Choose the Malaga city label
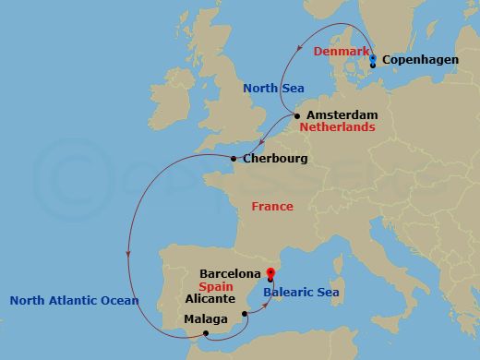[x=205, y=319]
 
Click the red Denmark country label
[x=341, y=51]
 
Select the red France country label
[x=272, y=207]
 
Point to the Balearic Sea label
[x=301, y=293]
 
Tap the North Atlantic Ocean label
[x=74, y=300]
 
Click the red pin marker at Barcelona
[x=270, y=272]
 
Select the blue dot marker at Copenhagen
[x=373, y=58]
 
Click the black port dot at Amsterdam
[x=297, y=115]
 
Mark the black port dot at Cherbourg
[x=234, y=159]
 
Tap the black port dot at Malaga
[x=206, y=333]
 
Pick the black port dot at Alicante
[x=245, y=314]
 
